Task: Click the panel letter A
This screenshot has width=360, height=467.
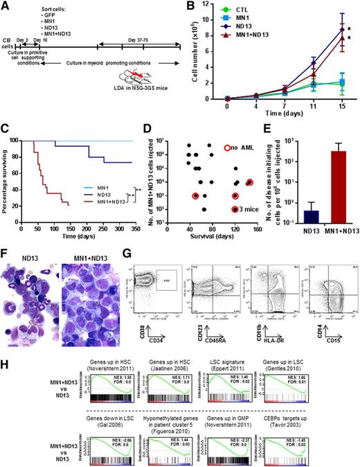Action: point(6,6)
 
